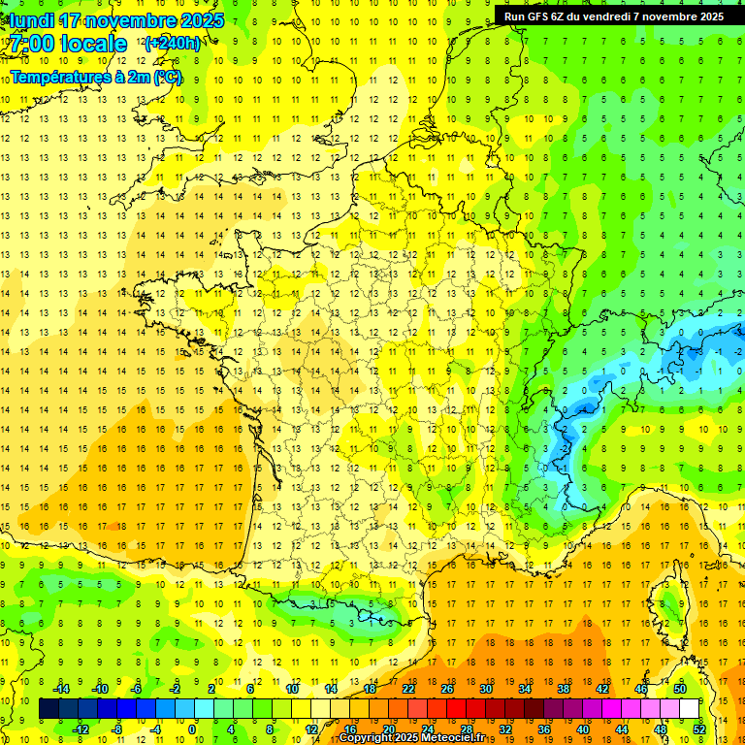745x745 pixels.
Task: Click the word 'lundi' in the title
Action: click(x=30, y=20)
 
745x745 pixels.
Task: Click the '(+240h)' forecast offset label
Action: click(x=172, y=43)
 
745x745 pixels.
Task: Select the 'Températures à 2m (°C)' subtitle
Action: click(x=96, y=76)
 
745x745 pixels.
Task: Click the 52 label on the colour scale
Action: click(x=698, y=729)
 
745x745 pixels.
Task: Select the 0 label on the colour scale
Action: click(x=193, y=729)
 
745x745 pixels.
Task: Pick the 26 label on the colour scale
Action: click(x=447, y=688)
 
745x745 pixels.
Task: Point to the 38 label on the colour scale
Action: click(x=564, y=688)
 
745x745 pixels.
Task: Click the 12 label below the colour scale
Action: click(x=311, y=729)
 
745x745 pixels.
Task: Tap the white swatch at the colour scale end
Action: click(x=689, y=708)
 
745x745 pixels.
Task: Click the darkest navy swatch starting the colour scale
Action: click(x=49, y=708)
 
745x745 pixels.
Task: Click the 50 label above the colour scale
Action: click(x=679, y=688)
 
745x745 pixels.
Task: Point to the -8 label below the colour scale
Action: click(x=116, y=729)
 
